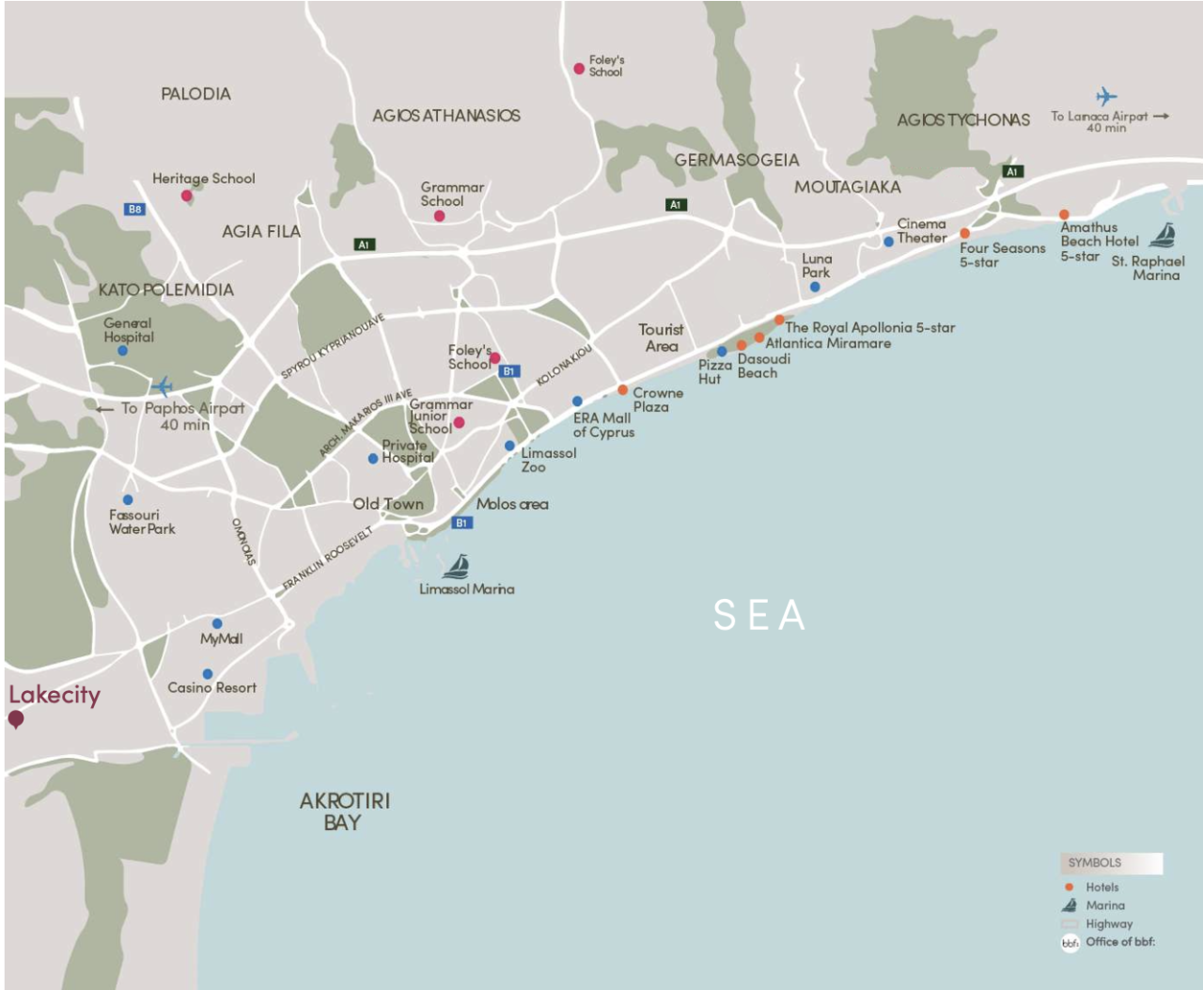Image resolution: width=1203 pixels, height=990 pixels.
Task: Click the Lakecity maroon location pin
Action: pos(16,720)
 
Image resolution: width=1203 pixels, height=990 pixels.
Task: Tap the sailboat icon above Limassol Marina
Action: pos(456,566)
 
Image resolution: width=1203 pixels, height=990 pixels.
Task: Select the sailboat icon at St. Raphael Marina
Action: pos(1164,235)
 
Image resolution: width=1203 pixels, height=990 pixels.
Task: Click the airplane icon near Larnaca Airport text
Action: pos(1106,96)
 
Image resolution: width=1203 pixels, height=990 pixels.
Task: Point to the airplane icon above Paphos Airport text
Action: pos(163,386)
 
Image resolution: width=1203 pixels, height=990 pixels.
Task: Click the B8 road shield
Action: pos(134,209)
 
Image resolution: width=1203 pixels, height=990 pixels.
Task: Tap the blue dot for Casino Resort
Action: pos(208,674)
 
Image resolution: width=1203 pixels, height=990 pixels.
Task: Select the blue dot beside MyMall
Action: pos(217,623)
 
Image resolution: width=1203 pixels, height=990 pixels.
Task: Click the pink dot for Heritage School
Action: pos(187,196)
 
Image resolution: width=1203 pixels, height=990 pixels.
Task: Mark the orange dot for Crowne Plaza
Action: pos(622,389)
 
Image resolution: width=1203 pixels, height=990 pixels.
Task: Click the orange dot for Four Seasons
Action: pos(964,233)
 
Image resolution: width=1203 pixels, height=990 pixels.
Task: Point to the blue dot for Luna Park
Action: pos(815,287)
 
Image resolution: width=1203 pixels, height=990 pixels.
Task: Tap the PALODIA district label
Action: pos(195,94)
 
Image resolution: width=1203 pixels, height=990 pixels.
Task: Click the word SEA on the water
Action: pos(758,616)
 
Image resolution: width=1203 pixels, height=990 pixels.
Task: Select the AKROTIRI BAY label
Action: pos(344,811)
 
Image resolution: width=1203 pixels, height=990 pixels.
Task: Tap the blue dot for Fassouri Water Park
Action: pos(128,499)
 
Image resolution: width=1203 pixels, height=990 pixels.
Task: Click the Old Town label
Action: pos(388,504)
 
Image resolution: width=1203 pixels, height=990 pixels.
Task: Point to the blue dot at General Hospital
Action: pos(122,351)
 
